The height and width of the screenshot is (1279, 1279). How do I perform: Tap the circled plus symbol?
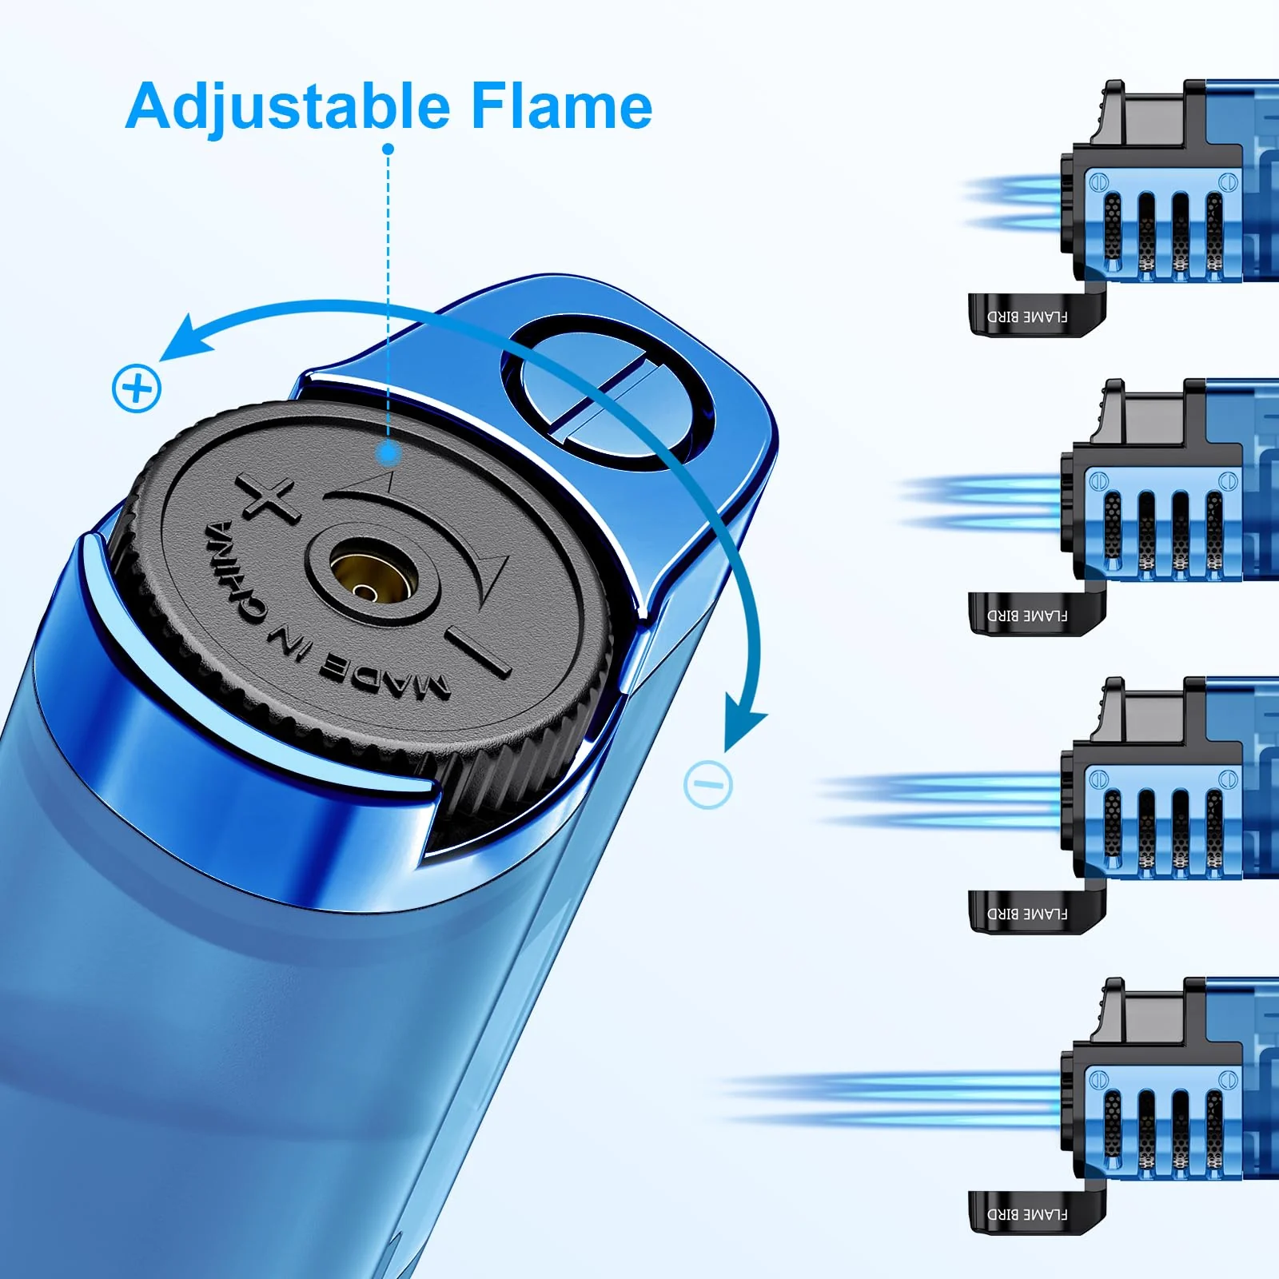pos(137,389)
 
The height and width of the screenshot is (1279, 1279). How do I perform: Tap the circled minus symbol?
pos(708,784)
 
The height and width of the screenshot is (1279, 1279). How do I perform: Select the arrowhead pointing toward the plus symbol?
pos(185,337)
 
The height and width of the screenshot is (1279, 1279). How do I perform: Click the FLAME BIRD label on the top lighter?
pos(1027,317)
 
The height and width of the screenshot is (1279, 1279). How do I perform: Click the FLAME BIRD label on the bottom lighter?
pos(1027,1214)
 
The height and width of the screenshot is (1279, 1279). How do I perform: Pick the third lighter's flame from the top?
pos(940,800)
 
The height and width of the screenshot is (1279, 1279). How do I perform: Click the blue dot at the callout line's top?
pos(388,149)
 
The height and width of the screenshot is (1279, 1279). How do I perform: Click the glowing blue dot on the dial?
pos(389,453)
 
